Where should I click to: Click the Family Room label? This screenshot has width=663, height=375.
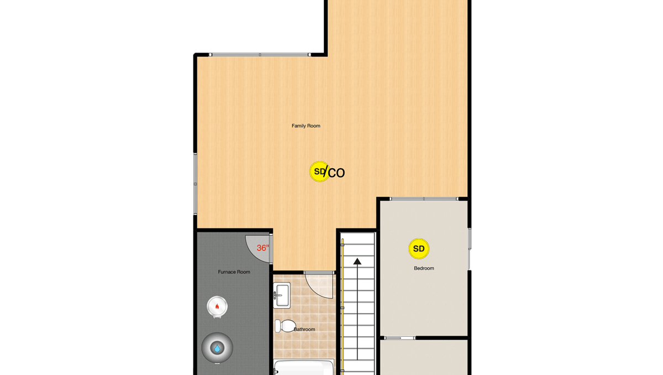[306, 126]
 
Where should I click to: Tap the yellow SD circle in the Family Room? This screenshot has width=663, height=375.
[319, 171]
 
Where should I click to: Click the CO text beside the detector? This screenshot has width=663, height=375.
[336, 173]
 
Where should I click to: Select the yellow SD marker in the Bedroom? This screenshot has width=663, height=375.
[419, 249]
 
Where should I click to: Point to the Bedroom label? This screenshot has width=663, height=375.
[424, 268]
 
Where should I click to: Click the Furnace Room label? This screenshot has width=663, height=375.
[234, 272]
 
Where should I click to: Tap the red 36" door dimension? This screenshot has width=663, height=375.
[262, 248]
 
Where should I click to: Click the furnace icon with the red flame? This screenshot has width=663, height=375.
[217, 306]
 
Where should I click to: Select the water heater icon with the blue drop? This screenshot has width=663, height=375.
[217, 348]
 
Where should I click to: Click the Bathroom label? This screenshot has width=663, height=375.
[304, 330]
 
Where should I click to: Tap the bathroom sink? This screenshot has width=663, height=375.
[282, 295]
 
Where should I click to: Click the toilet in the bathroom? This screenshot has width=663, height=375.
[285, 326]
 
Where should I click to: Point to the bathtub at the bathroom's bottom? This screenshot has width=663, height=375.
[303, 367]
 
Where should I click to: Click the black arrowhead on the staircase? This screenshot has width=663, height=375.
[357, 261]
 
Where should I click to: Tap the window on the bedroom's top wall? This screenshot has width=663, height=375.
[424, 199]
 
